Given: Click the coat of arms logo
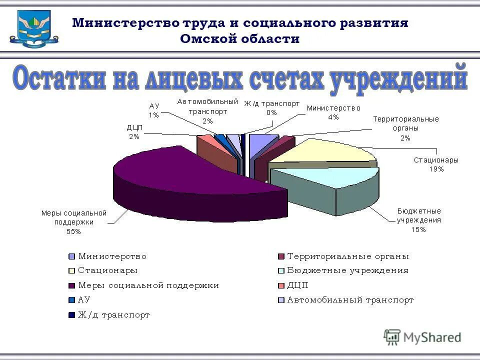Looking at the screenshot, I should [33, 29].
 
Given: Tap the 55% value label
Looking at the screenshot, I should [74, 231].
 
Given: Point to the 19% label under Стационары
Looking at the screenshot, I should [436, 169].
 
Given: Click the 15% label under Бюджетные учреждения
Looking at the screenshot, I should [418, 229].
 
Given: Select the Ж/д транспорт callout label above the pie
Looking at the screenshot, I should [271, 103].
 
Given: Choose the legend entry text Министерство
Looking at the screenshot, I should [112, 256].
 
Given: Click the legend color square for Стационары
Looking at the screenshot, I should [71, 271].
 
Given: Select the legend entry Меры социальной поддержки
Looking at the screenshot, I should [148, 285].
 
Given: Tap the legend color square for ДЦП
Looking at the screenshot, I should [281, 286].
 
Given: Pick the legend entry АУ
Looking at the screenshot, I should [84, 300].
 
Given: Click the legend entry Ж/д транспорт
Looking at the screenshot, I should [114, 315].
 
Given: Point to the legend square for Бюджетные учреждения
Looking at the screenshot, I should [281, 271].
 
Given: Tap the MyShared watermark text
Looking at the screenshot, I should [432, 337].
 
